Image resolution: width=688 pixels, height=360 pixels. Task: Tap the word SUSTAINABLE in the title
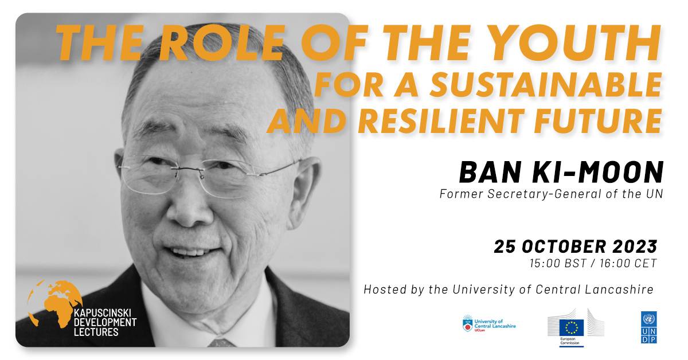pos(546,85)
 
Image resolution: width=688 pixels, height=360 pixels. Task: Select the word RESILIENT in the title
pos(441,121)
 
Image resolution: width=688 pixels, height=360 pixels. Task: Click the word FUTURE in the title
pos(598,121)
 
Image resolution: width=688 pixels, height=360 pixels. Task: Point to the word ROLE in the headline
pos(222,43)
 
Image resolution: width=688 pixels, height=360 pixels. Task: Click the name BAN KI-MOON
pos(561,172)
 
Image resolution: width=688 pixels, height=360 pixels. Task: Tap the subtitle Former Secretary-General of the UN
pos(551,194)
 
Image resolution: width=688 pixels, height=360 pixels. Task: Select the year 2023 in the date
pos(635,246)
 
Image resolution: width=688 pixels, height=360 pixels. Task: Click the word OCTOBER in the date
pos(564,246)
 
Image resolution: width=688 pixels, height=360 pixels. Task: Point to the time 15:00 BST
pos(558,263)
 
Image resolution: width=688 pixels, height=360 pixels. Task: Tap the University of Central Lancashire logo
pos(489,323)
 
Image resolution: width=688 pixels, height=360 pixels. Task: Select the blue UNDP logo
pos(648,327)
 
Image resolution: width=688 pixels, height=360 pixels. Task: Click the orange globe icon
pos(54,303)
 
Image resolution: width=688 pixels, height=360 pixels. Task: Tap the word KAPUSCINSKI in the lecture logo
pos(103,313)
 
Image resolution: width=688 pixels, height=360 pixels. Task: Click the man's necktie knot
pos(222,342)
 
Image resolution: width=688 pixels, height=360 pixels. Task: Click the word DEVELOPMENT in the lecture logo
pos(105,323)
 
